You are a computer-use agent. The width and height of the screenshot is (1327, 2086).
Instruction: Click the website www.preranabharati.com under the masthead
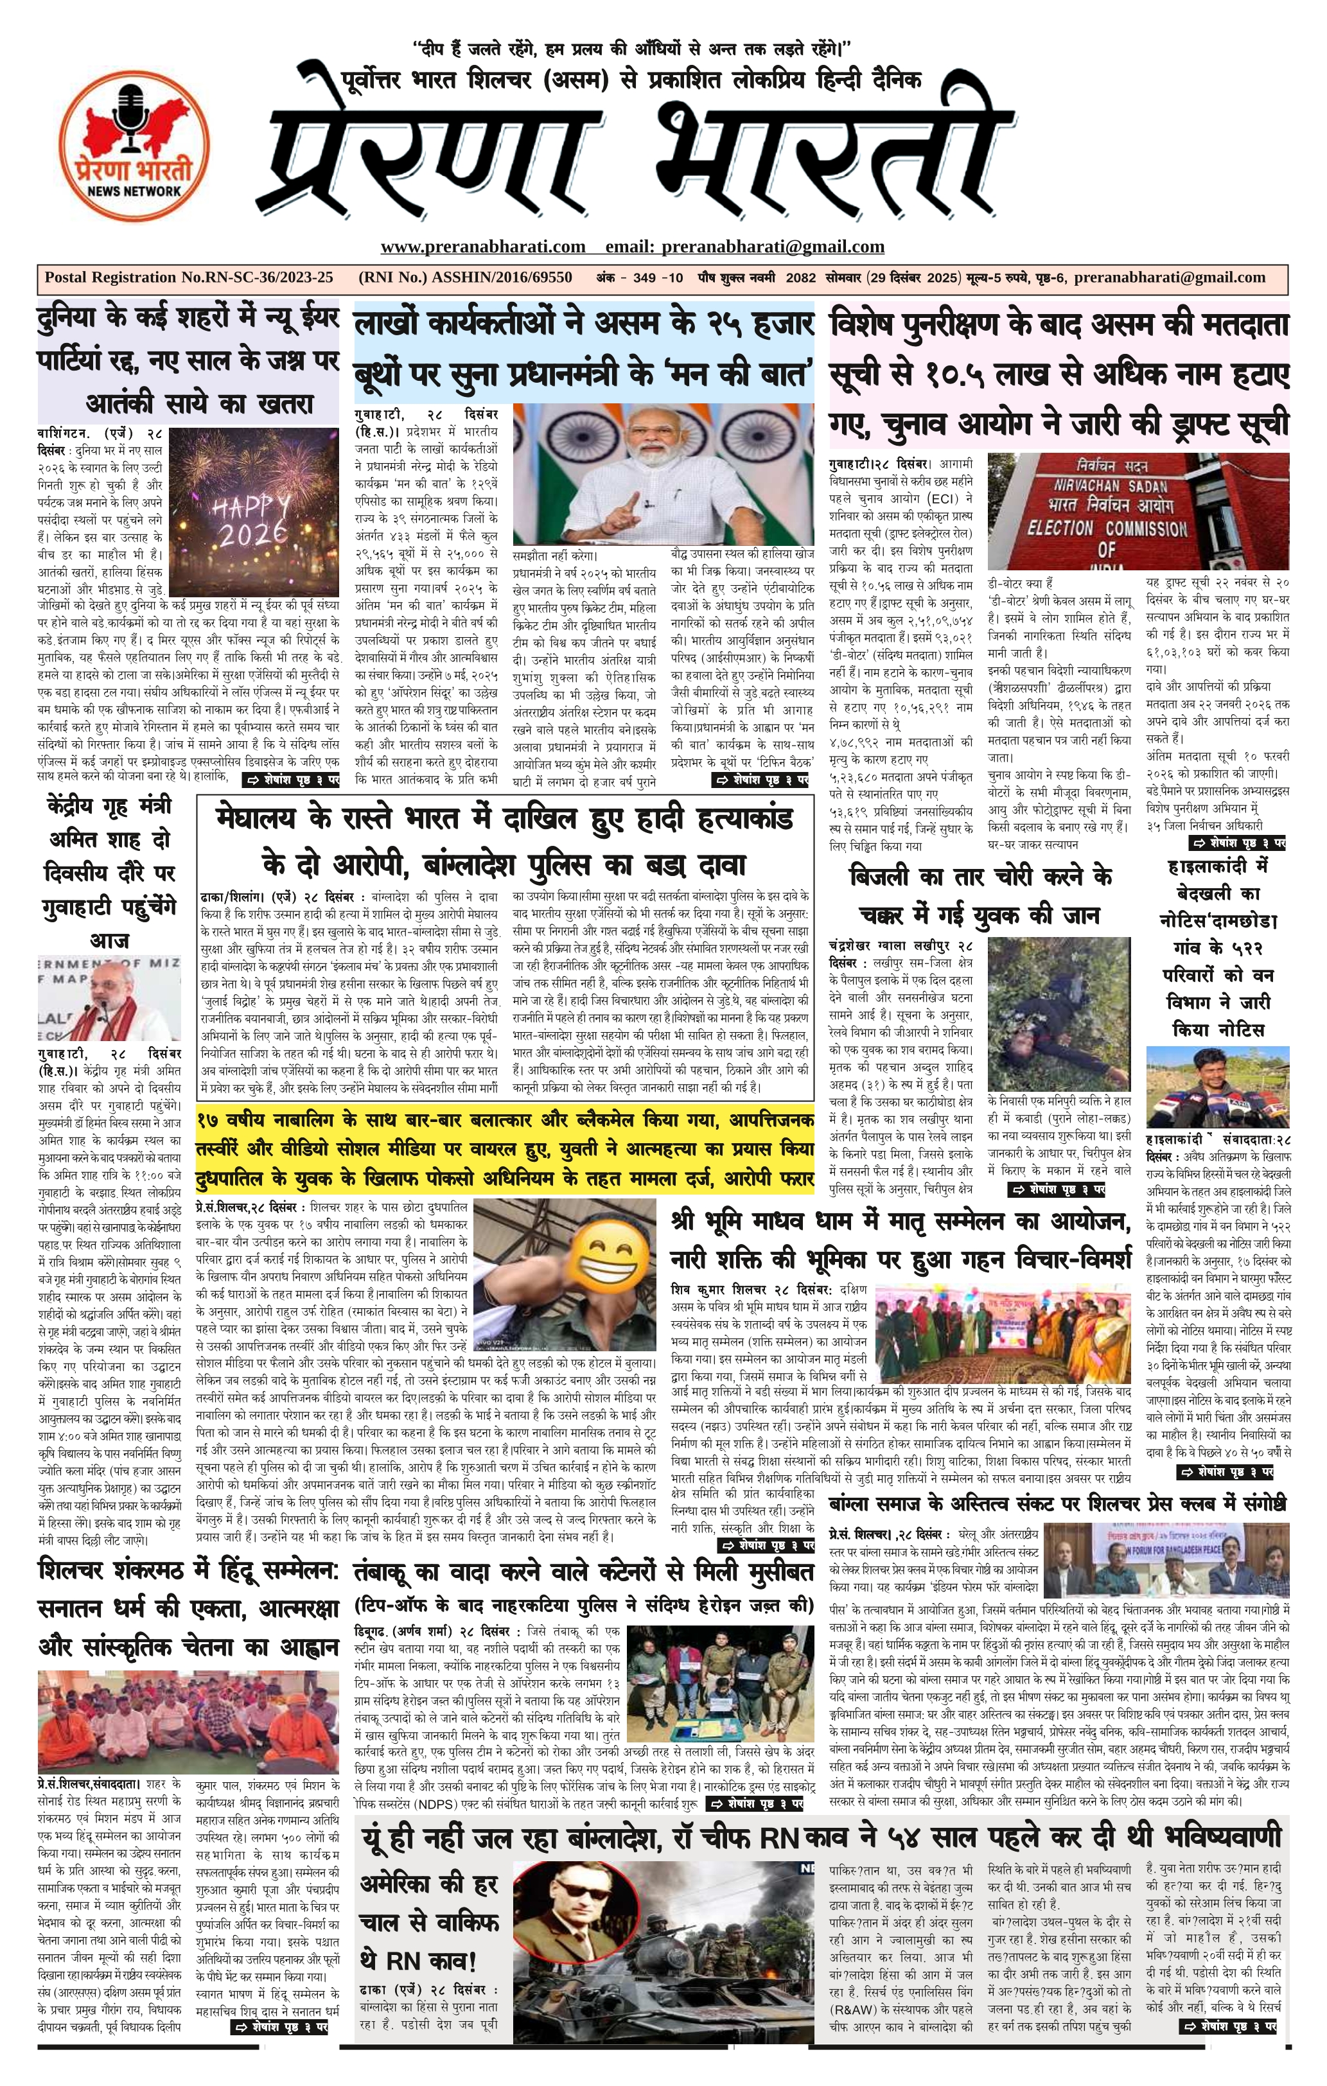point(482,247)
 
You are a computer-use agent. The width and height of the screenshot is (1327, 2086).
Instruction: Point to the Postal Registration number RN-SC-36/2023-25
point(189,278)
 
